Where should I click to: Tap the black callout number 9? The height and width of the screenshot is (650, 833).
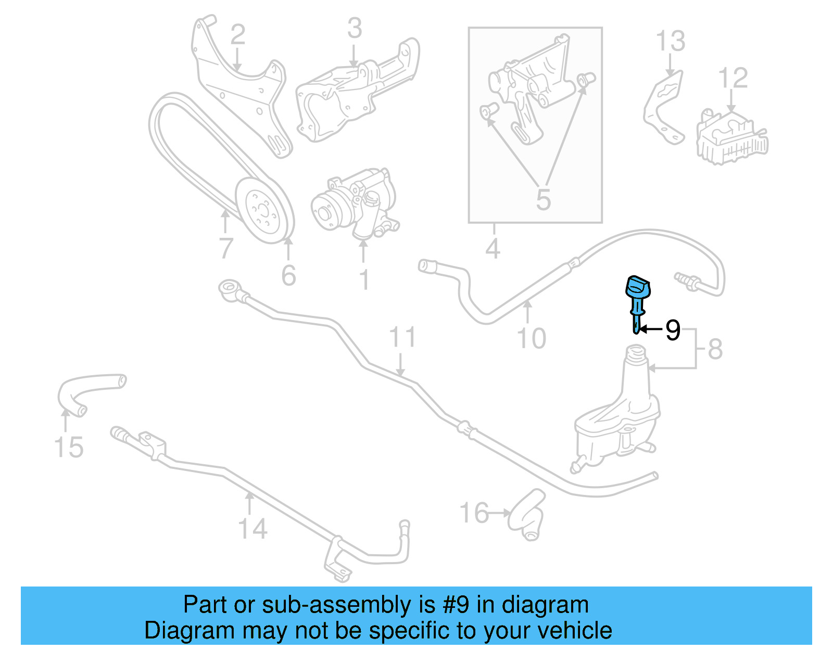tap(673, 330)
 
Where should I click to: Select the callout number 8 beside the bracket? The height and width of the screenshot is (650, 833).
tap(715, 349)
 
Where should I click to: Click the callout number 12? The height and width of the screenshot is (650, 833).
tap(733, 78)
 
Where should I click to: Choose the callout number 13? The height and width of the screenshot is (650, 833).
tap(671, 41)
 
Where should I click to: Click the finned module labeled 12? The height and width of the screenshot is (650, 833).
tap(732, 136)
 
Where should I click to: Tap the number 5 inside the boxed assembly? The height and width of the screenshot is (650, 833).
tap(543, 199)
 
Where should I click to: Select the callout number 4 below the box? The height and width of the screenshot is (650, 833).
tap(493, 249)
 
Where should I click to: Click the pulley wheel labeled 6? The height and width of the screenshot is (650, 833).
tap(264, 210)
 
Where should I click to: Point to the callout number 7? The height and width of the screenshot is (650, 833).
tap(226, 248)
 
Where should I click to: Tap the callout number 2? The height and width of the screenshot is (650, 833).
tap(238, 34)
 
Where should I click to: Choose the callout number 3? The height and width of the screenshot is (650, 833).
tap(355, 28)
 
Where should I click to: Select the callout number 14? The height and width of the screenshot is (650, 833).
tap(253, 529)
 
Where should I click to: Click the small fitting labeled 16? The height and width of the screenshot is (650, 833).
tap(527, 514)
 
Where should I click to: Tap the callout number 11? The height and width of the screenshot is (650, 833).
tap(402, 337)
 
